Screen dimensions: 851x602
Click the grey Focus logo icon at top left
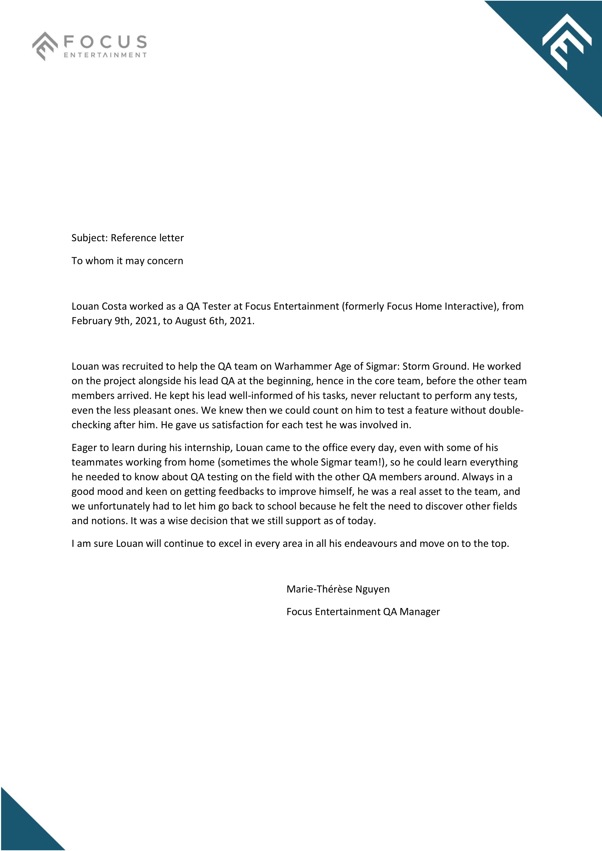(45, 46)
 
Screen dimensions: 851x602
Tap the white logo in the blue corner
(566, 41)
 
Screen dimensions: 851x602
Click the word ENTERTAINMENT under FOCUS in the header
(106, 55)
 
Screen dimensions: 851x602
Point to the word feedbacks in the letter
(241, 492)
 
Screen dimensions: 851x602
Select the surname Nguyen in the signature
(373, 589)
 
